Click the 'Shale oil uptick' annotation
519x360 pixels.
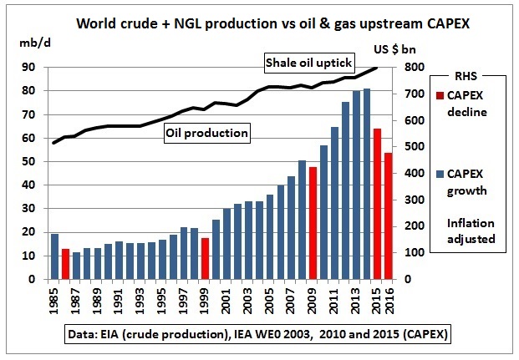[x=309, y=63]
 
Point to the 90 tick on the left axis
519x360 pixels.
[x=26, y=68]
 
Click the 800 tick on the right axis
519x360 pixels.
[x=415, y=68]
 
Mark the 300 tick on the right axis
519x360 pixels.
[x=415, y=200]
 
